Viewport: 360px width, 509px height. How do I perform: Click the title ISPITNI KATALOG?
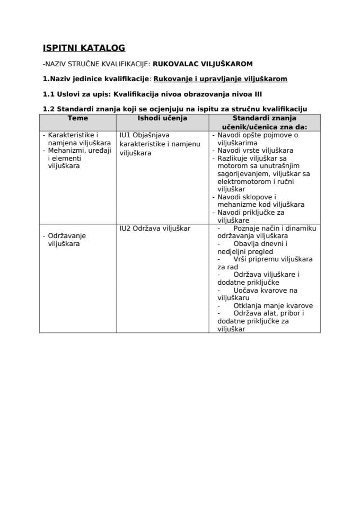coord(84,48)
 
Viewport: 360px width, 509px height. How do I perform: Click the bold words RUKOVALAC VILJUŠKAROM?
coord(203,64)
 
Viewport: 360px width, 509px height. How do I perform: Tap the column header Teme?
coord(78,118)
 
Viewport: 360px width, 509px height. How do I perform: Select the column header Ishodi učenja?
coord(162,118)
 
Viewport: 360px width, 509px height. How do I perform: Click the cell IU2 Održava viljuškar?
coord(155,228)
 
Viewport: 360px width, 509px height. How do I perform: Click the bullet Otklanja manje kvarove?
coord(273,305)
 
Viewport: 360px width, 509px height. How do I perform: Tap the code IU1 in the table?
coord(125,135)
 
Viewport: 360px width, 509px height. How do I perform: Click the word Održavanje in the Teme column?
coord(67,235)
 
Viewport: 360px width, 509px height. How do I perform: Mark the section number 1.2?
coord(49,109)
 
